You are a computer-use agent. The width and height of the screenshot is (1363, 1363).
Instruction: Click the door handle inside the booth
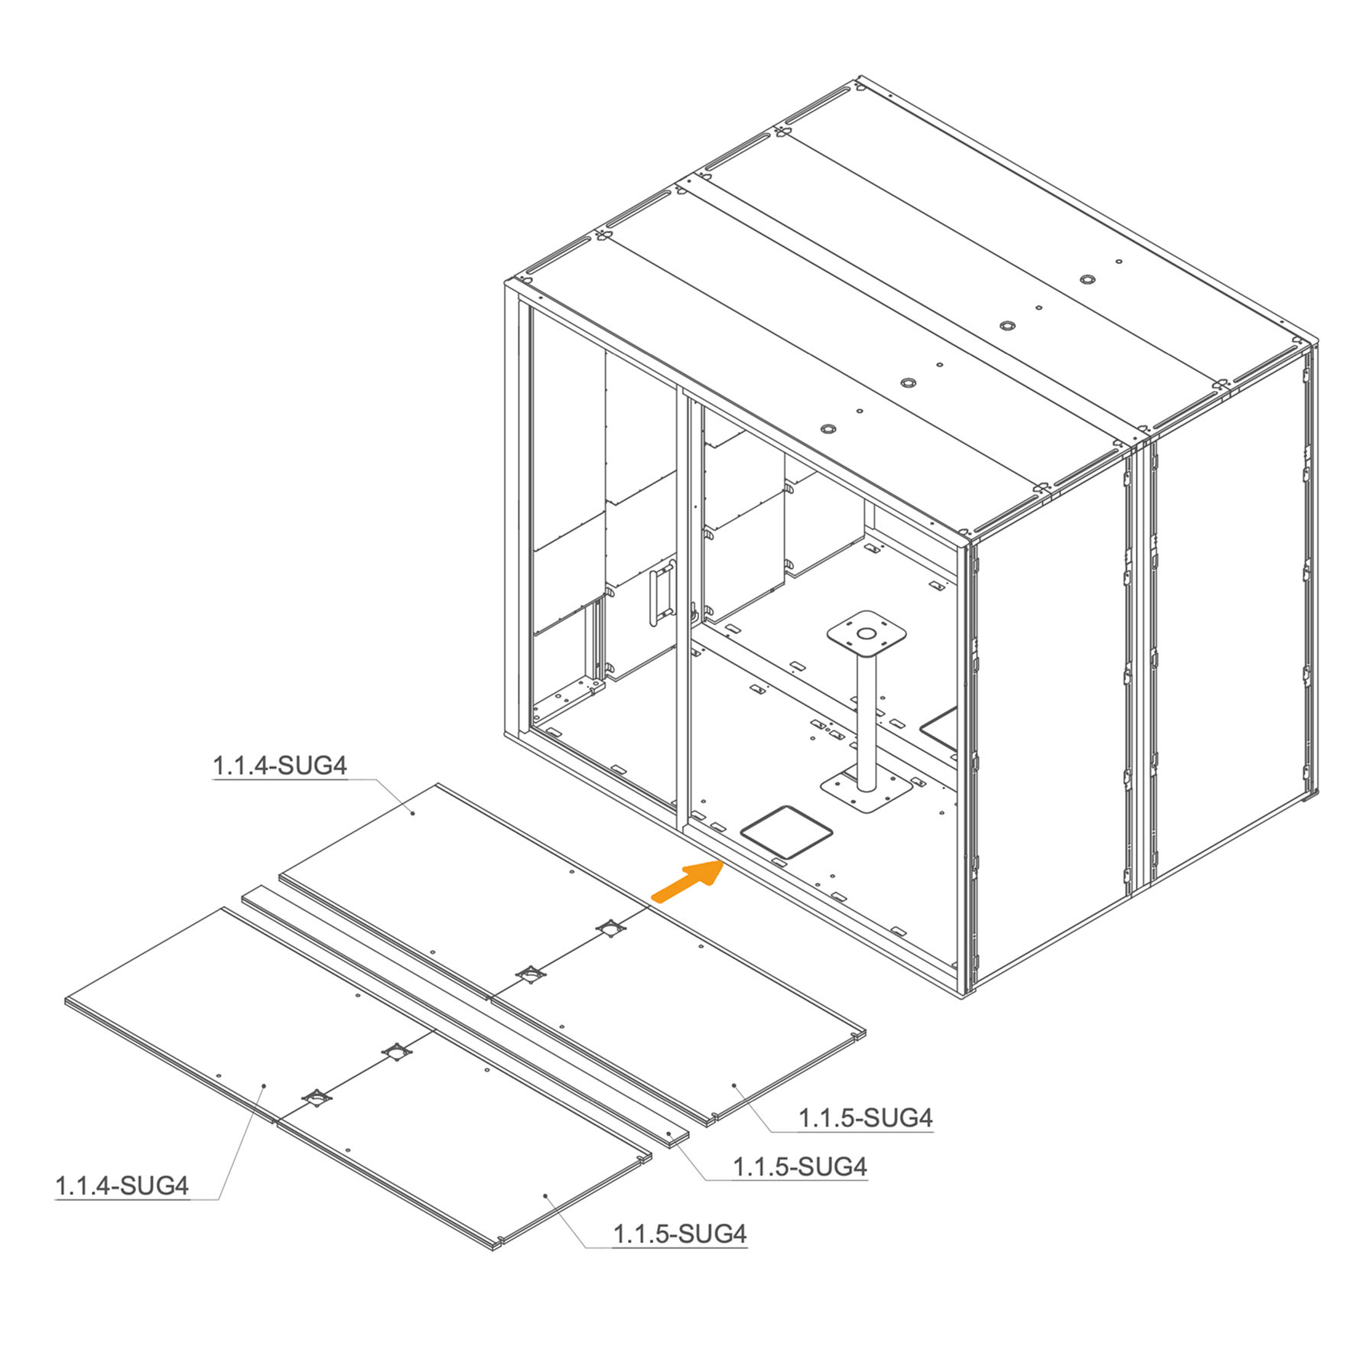(x=661, y=592)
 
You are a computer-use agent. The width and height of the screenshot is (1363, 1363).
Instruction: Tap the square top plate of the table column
(x=867, y=633)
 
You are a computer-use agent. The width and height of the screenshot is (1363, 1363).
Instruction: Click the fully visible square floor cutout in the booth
(x=786, y=831)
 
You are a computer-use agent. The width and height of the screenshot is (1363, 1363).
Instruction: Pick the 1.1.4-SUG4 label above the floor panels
(x=280, y=766)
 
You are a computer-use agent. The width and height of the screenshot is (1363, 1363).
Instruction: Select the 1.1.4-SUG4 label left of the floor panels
(x=122, y=1186)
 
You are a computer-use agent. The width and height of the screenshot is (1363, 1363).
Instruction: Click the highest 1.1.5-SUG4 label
(x=866, y=1117)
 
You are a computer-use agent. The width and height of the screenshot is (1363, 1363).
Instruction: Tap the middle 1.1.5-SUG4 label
(x=800, y=1166)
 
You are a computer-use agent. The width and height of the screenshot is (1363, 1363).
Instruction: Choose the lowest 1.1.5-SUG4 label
(x=680, y=1234)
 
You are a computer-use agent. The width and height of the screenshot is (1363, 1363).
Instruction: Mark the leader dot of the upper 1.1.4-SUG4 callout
(x=413, y=814)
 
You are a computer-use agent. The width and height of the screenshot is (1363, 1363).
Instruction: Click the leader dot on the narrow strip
(x=668, y=1134)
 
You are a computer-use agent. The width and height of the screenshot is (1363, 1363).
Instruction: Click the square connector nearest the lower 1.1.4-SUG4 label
(x=316, y=1098)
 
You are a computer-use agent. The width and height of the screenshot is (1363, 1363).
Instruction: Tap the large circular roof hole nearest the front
(x=827, y=429)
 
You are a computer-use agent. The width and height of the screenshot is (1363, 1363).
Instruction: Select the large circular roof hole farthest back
(x=1088, y=279)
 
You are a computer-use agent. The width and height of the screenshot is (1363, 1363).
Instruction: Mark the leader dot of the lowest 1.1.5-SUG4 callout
(x=545, y=1195)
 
